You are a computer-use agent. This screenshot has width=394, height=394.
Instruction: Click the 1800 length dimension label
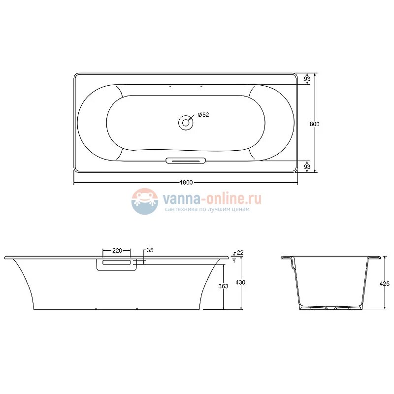pyautogui.click(x=186, y=183)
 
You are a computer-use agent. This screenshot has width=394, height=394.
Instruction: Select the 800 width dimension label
pyautogui.click(x=314, y=124)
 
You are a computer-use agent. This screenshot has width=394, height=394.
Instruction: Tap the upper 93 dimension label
pyautogui.click(x=307, y=79)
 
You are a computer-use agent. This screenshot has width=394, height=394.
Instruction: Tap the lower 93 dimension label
pyautogui.click(x=307, y=166)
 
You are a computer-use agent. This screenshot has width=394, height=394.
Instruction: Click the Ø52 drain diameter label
pyautogui.click(x=203, y=115)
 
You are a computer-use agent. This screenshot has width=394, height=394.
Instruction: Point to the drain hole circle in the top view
pyautogui.click(x=186, y=123)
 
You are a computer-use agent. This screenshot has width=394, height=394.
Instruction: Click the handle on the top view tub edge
pyautogui.click(x=186, y=161)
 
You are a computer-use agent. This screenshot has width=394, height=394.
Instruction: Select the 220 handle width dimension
pyautogui.click(x=117, y=251)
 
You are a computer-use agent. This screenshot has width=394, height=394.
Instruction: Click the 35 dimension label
pyautogui.click(x=150, y=250)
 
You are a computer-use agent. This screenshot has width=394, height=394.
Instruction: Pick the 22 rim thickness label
pyautogui.click(x=240, y=253)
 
